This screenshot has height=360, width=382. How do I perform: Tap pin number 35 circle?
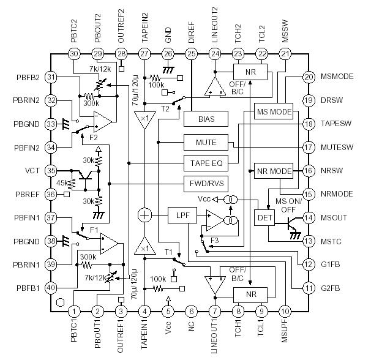point(51,171)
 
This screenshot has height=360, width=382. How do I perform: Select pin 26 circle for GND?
point(168,54)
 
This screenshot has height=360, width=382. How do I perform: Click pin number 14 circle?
point(309,217)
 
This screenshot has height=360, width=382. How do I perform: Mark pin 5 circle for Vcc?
point(168,311)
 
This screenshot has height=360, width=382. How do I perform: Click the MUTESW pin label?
point(337,147)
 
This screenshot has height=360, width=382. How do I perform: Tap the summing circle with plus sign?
point(144,216)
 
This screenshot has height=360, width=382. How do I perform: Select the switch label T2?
point(165,107)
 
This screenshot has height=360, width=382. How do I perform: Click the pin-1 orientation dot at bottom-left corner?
point(59,301)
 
